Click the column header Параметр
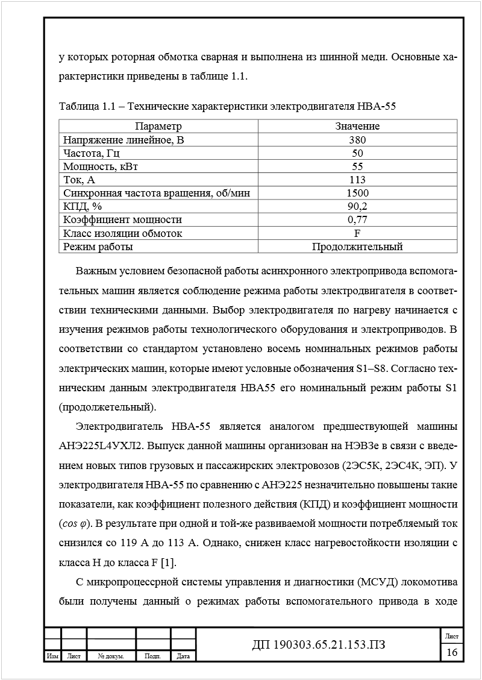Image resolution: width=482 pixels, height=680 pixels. click(158, 126)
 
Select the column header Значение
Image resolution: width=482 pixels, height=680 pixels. click(357, 126)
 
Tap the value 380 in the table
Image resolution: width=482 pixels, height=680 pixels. click(357, 140)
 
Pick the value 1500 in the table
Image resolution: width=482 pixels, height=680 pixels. click(357, 193)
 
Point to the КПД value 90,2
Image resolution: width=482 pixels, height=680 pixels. click(357, 206)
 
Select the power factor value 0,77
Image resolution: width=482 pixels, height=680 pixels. click(357, 219)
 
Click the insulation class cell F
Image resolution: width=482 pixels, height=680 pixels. click(357, 233)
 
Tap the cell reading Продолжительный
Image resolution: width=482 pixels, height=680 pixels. click(357, 247)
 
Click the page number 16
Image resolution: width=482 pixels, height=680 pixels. click(452, 652)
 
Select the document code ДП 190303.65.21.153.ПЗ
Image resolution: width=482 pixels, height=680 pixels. click(318, 645)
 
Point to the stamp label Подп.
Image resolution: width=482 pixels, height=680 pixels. click(153, 656)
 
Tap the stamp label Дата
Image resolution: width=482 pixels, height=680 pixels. click(184, 656)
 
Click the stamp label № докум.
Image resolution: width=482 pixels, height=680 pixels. click(111, 656)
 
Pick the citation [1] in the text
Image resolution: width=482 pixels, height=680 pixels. click(170, 563)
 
